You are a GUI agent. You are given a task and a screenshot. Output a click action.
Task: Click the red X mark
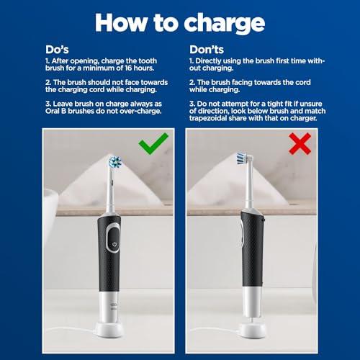(x=300, y=144)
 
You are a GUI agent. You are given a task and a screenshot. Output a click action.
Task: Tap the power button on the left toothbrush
(x=114, y=244)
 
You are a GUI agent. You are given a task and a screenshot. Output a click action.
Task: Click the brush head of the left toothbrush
(x=115, y=162)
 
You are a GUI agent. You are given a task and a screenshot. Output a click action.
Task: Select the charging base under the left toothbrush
(x=109, y=330)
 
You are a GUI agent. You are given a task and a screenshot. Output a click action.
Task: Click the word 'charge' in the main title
(x=225, y=24)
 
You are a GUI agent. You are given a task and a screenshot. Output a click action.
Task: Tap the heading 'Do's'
(x=57, y=50)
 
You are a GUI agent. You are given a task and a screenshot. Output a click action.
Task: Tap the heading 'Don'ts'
(x=207, y=50)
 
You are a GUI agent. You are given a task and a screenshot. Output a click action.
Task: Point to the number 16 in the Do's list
(x=128, y=68)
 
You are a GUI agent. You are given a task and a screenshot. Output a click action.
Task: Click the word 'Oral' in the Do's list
(x=52, y=111)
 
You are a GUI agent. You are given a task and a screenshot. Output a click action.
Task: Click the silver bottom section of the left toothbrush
(x=109, y=307)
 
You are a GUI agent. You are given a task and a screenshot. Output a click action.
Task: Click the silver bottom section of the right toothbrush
(x=252, y=302)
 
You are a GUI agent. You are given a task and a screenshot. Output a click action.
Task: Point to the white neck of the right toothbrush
(x=248, y=187)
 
